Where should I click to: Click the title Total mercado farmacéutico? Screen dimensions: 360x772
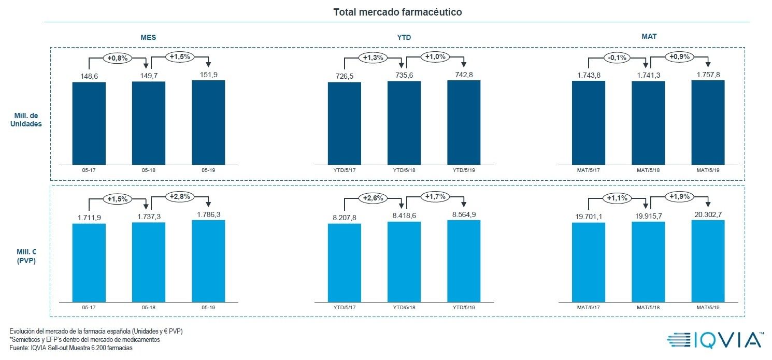pyautogui.click(x=397, y=11)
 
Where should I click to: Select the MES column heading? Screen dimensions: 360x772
pyautogui.click(x=148, y=38)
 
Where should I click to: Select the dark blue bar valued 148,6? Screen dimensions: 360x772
pyautogui.click(x=89, y=123)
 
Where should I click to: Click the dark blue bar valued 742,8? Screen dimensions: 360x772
pyautogui.click(x=464, y=123)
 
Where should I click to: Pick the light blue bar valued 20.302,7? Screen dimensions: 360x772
pyautogui.click(x=708, y=261)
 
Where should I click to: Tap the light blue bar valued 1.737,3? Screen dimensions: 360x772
pyautogui.click(x=149, y=262)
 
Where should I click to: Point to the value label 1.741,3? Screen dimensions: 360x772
pyautogui.click(x=648, y=75)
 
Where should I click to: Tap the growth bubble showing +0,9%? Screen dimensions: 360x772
pyautogui.click(x=679, y=56)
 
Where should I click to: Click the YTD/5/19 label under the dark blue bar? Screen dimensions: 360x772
pyautogui.click(x=464, y=170)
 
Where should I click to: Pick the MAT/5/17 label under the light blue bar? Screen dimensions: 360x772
pyautogui.click(x=589, y=307)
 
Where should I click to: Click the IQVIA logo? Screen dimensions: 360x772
pyautogui.click(x=714, y=339)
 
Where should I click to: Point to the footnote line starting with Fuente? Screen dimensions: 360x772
pyautogui.click(x=71, y=348)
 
